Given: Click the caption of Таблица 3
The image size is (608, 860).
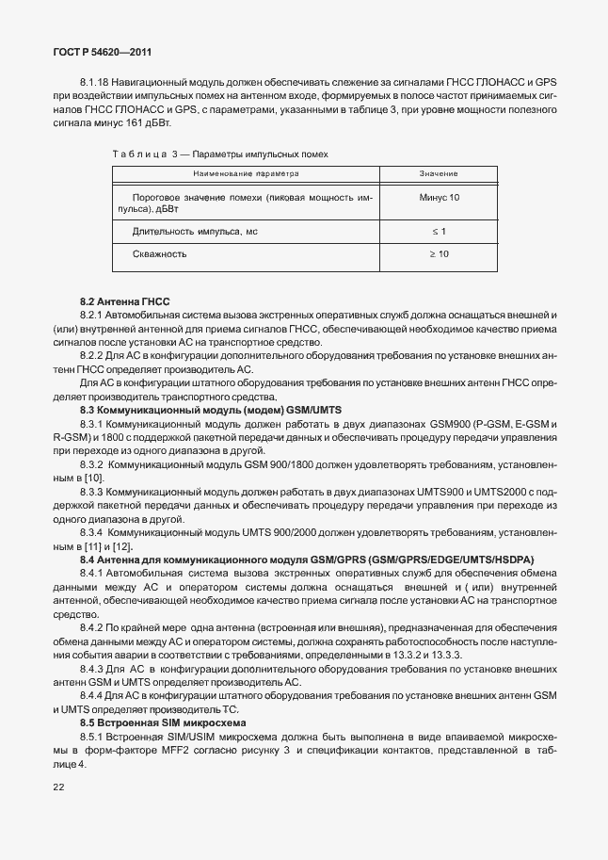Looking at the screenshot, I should click(220, 152).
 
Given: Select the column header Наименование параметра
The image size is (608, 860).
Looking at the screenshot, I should click(246, 174).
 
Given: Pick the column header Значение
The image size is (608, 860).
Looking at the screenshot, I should click(439, 174).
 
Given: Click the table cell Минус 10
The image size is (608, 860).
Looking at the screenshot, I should click(439, 198).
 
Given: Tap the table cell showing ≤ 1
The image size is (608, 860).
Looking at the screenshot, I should click(439, 231).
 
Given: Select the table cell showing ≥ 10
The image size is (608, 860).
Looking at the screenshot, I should click(439, 254).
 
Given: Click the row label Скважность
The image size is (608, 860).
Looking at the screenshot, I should click(160, 254).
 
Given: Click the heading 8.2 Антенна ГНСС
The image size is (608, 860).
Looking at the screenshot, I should click(124, 299).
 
